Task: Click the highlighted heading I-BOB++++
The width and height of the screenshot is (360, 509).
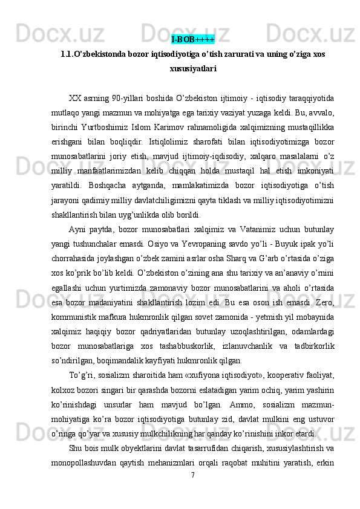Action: click(x=192, y=41)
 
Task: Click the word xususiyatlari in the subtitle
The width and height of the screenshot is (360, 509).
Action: click(x=192, y=69)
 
